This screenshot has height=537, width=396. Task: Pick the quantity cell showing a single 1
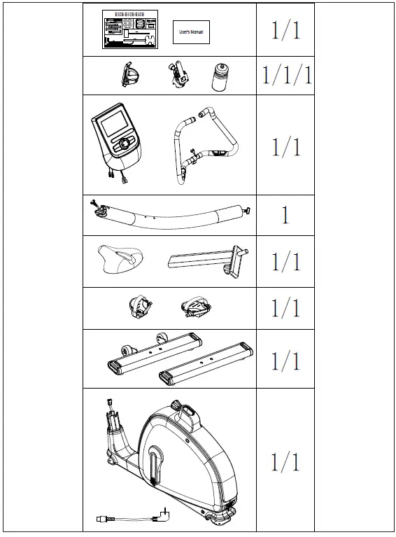pyautogui.click(x=285, y=215)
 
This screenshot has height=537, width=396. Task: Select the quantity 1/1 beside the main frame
pyautogui.click(x=285, y=461)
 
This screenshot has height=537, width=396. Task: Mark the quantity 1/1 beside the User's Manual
pyautogui.click(x=285, y=31)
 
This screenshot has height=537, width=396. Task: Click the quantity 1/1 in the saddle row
pyautogui.click(x=285, y=262)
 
